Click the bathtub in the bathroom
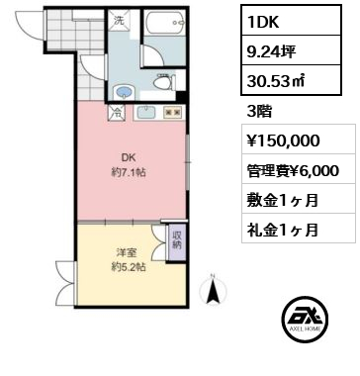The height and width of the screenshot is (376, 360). coord(164,23)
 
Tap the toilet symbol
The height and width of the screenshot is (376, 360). coord(164,81)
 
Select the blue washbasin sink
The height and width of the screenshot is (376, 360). coord(124,92)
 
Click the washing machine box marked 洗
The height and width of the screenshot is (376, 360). coord(119,21)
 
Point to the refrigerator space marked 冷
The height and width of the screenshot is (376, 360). coord(117,112)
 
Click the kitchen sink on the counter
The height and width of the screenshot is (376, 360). coord(146,112)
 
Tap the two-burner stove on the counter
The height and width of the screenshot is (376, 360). coord(173,112)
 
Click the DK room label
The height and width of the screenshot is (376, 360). coord(129,157)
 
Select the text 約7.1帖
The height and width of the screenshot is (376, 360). coord(129,172)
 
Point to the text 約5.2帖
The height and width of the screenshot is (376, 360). coord(129,267)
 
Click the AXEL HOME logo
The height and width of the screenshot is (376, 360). coord(305,319)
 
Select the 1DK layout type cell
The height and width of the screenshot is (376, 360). coord(291,21)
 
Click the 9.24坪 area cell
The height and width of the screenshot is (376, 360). coord(291,50)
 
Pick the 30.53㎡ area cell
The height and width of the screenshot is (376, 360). coord(291,80)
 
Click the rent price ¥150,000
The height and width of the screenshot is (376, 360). coord(284,141)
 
